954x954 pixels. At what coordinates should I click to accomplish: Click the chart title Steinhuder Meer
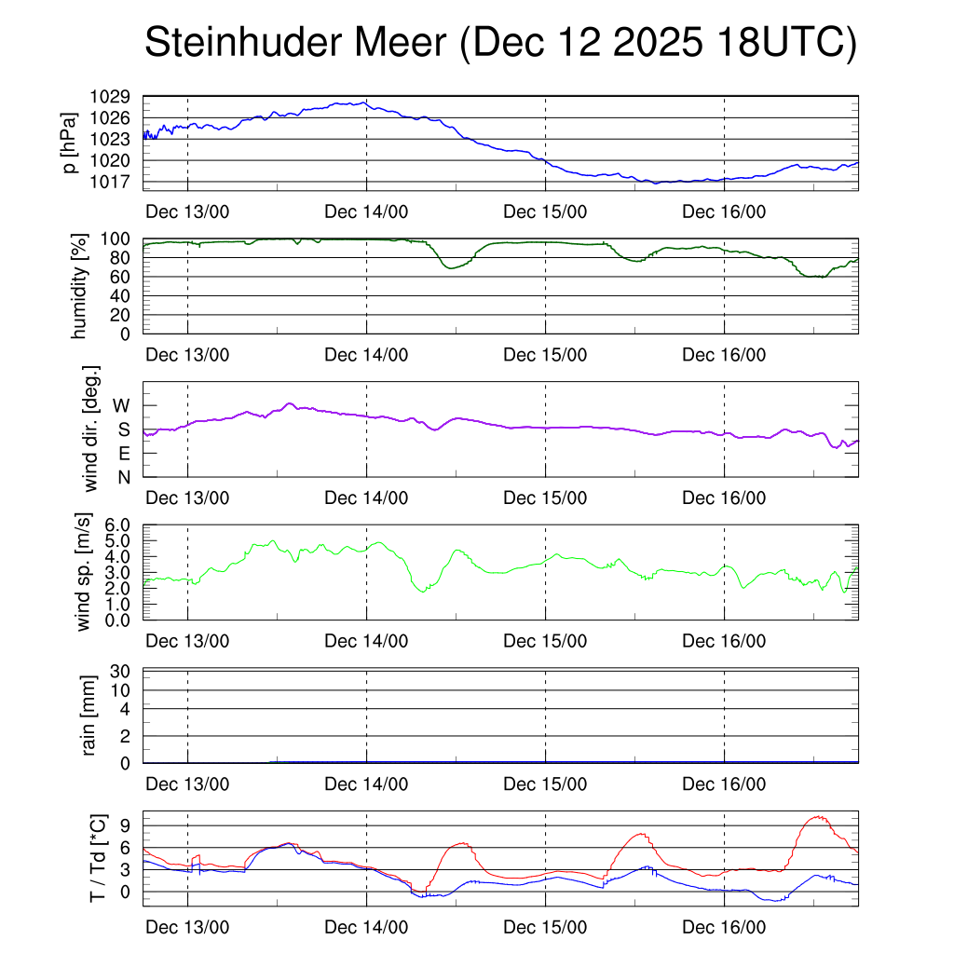tap(499, 44)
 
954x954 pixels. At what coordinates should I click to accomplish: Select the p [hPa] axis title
tap(69, 143)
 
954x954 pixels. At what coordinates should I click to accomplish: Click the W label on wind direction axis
tap(122, 405)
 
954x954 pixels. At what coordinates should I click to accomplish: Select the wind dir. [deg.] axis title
tap(90, 429)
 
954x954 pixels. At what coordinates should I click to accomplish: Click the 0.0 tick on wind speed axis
tap(122, 620)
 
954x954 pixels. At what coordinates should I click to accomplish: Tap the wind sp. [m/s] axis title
tap(84, 572)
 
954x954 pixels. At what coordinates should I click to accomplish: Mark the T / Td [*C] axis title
tap(95, 857)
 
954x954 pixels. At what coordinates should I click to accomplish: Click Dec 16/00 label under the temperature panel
tap(724, 928)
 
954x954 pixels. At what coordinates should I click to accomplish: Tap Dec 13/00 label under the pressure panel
tap(187, 211)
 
